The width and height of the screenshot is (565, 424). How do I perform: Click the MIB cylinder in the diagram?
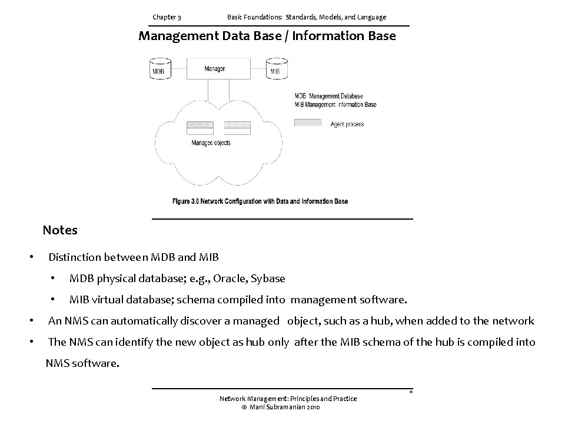click(x=275, y=68)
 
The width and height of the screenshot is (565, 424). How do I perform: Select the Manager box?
click(x=215, y=68)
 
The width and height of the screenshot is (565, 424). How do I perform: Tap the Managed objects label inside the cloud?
click(x=202, y=142)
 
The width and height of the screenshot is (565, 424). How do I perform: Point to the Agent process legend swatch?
click(x=307, y=123)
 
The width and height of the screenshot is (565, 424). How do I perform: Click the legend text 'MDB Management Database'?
click(x=328, y=96)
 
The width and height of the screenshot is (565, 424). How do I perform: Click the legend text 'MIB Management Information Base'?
click(x=335, y=104)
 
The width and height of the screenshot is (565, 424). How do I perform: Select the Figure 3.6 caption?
click(x=260, y=201)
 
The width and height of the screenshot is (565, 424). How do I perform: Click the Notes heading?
click(x=60, y=230)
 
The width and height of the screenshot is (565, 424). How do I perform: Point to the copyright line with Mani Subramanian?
click(x=281, y=408)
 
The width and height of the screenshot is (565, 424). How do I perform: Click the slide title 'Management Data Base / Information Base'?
click(x=267, y=36)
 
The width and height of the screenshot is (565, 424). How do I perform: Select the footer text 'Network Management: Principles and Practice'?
click(x=288, y=399)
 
